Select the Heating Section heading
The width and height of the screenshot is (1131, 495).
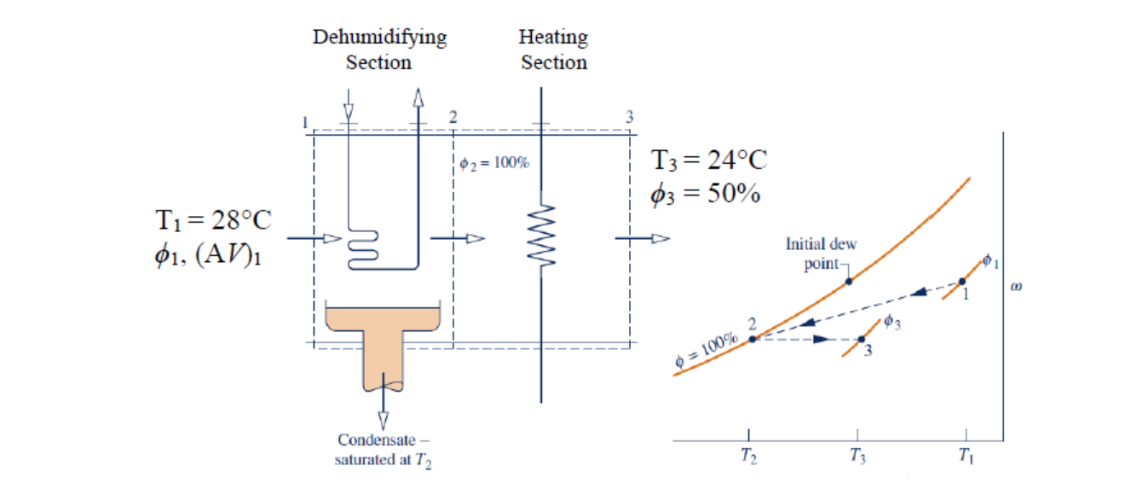tap(554, 49)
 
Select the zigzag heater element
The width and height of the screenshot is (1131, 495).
tap(543, 235)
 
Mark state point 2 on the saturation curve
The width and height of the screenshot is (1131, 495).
tap(753, 340)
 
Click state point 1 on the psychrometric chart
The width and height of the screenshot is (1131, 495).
tap(962, 282)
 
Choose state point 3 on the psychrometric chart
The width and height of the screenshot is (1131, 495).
tap(861, 340)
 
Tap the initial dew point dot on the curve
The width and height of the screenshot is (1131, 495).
tap(849, 281)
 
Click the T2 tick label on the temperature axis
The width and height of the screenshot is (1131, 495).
tap(748, 457)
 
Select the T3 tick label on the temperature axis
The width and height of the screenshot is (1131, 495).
tap(857, 457)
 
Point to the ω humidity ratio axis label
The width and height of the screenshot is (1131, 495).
tap(1015, 287)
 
